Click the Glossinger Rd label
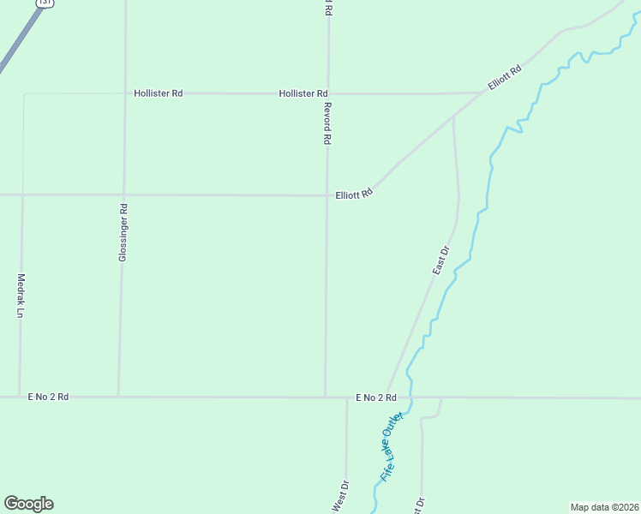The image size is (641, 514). (x=123, y=232)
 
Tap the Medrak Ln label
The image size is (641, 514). (x=20, y=296)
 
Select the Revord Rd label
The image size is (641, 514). (x=326, y=123)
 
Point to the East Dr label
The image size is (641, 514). (x=440, y=260)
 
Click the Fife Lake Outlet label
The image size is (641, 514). (x=391, y=447)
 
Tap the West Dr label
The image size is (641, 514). (x=339, y=497)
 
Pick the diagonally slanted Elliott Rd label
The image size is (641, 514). (x=505, y=79)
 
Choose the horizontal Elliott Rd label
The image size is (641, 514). (x=354, y=194)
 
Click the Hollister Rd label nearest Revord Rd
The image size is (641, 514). (x=303, y=93)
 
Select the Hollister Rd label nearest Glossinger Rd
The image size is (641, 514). (x=159, y=93)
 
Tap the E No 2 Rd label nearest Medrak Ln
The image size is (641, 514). (x=48, y=397)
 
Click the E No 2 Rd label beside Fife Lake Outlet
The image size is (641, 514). (x=376, y=397)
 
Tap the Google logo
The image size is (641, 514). (x=28, y=504)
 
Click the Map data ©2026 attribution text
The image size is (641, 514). (x=605, y=507)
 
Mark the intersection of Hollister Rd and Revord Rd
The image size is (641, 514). (x=327, y=93)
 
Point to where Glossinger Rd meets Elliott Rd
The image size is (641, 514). (x=124, y=194)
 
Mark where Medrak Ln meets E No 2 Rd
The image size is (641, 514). (x=20, y=397)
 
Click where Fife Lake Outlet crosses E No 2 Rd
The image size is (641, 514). (x=411, y=397)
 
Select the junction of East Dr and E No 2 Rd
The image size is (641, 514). (x=387, y=397)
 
